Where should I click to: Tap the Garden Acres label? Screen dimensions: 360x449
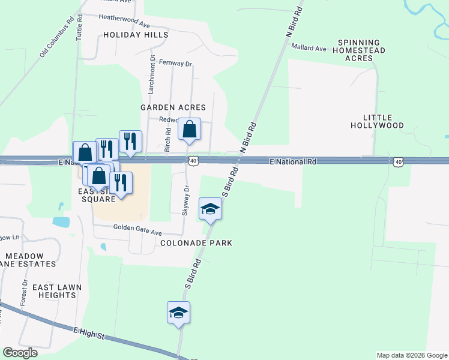[x=173, y=107]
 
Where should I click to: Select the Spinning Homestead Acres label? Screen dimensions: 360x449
[x=361, y=50]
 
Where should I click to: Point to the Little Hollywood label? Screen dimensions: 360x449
[x=378, y=121]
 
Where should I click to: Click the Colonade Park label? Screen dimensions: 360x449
[x=196, y=243]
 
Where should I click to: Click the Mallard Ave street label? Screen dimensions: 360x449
[x=309, y=48]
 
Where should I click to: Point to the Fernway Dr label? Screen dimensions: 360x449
[x=175, y=63]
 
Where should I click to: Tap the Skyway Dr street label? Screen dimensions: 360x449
[x=186, y=200]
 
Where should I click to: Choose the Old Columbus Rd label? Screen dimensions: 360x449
[x=57, y=37]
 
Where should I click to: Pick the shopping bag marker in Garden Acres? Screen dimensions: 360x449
[x=189, y=130]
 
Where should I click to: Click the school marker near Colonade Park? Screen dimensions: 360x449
[x=210, y=209]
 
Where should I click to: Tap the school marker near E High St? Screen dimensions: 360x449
[x=178, y=313]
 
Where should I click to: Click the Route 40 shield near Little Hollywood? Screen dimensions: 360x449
[x=398, y=161]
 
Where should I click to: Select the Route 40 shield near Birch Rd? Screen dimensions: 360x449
[x=193, y=161]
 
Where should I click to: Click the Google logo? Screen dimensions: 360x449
[x=20, y=353]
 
